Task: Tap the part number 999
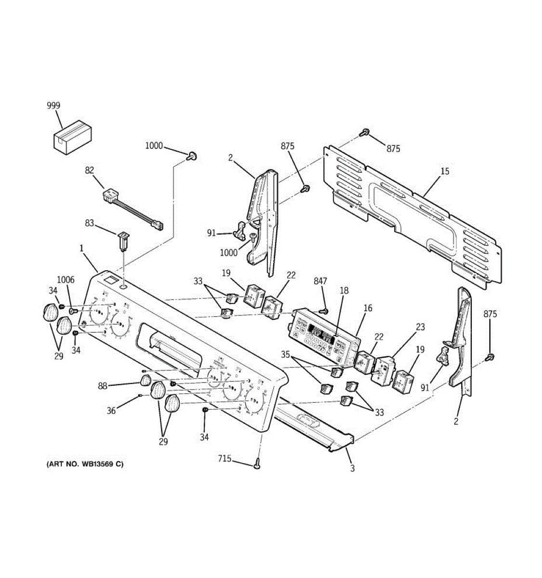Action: pos(53,105)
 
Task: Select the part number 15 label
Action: pos(445,171)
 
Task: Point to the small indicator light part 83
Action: pos(123,240)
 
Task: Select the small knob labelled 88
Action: pos(146,381)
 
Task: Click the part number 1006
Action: pos(66,279)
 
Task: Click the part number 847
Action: pos(320,281)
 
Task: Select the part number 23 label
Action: pos(420,327)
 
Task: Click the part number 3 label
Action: pos(352,468)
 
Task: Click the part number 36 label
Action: pos(111,411)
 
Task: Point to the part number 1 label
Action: pos(81,249)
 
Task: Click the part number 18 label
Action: pos(344,291)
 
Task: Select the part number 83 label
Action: pos(90,223)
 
